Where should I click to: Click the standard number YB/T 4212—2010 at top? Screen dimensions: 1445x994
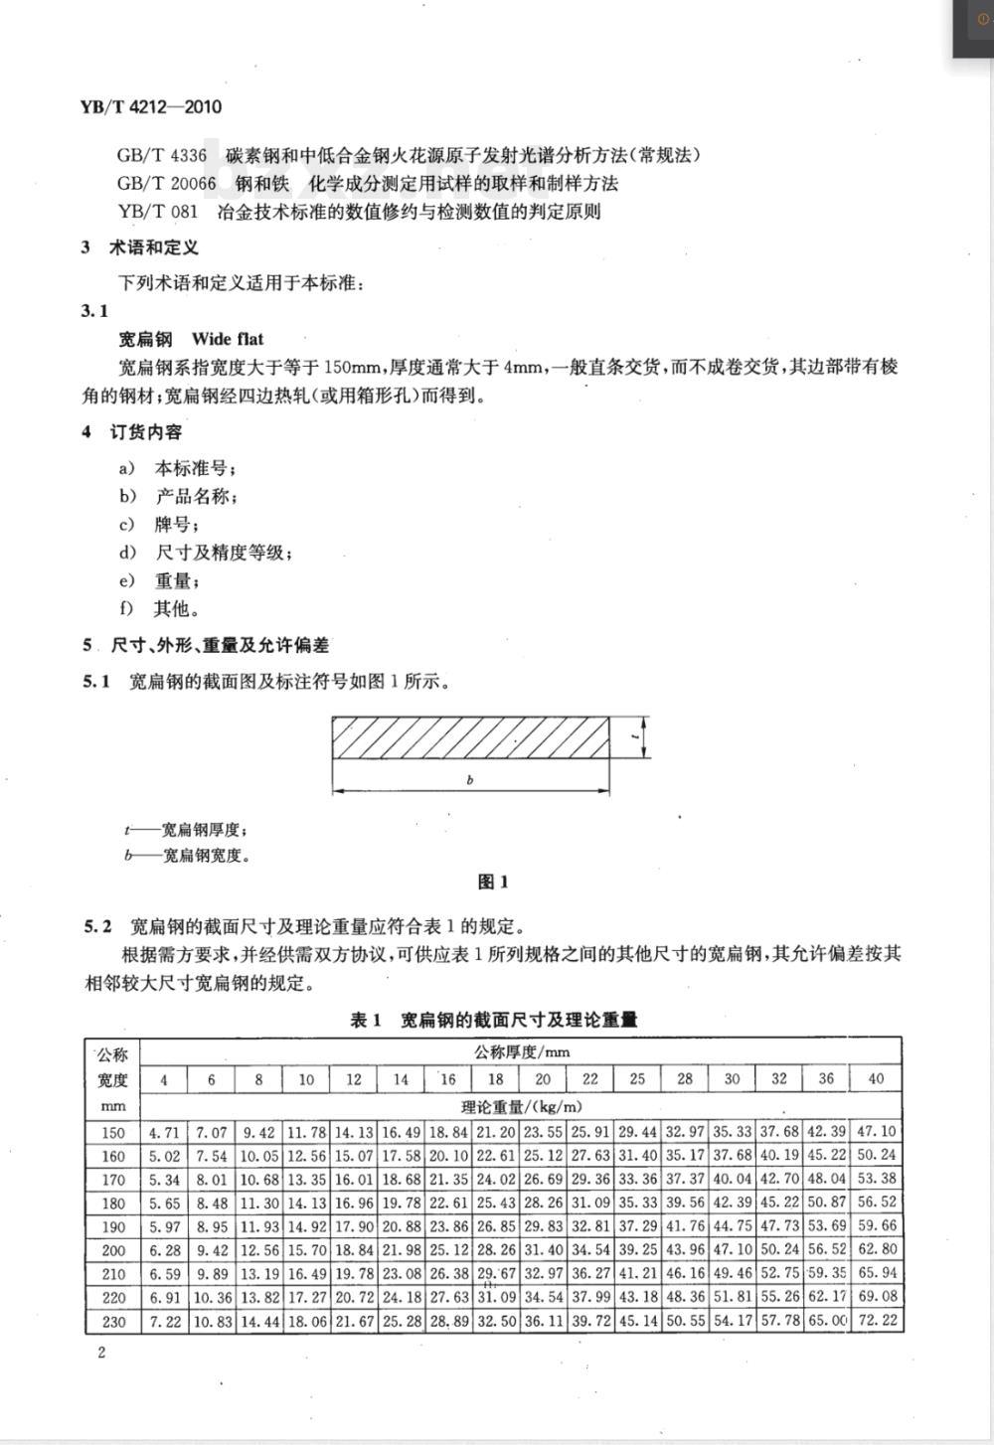[150, 107]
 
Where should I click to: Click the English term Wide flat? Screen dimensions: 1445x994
[228, 339]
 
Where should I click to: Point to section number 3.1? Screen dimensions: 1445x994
[94, 310]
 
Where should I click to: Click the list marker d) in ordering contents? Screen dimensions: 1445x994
[127, 553]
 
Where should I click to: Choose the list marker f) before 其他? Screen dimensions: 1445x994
[126, 608]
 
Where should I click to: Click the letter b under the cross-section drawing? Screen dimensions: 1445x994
[469, 780]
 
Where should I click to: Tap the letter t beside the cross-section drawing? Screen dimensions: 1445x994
[633, 736]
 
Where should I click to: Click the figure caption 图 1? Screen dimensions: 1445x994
[493, 882]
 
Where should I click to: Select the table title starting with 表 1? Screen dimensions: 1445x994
[494, 1020]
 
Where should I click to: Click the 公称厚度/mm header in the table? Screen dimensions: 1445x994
[521, 1051]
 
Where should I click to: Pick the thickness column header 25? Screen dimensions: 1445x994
[637, 1079]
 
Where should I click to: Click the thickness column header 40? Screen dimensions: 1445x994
[876, 1079]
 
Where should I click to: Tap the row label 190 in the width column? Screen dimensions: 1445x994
[113, 1227]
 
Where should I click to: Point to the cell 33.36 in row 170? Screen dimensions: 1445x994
[637, 1180]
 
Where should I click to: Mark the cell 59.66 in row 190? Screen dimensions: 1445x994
[876, 1227]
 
